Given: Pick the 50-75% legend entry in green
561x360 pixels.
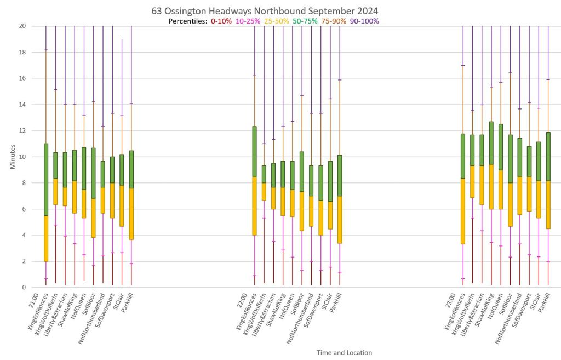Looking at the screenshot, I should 306,21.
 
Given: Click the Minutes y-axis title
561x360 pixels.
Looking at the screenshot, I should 13,157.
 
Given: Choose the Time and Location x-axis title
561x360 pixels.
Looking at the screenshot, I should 344,353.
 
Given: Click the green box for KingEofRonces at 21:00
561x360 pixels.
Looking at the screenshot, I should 46,180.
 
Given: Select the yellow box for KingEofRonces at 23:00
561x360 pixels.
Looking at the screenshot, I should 463,212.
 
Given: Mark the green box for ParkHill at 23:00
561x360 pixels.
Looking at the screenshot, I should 548,157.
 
